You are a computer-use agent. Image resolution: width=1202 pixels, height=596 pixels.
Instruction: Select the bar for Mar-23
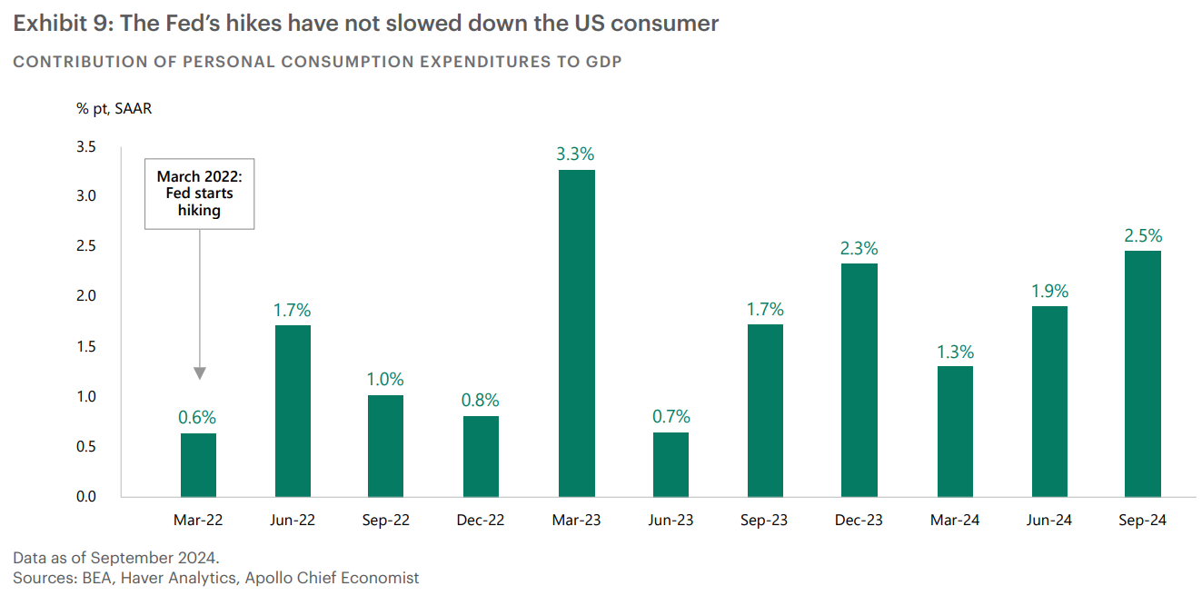coord(576,333)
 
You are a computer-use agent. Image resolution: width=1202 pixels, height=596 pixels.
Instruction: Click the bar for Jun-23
coord(671,464)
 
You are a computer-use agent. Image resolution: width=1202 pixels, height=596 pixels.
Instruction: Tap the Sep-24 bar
coord(1143,373)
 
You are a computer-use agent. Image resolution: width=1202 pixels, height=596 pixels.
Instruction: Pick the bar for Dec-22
coord(481,456)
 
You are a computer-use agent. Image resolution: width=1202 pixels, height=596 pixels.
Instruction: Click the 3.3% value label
coord(575,154)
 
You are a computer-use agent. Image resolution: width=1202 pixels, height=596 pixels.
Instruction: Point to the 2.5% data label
coord(1143,235)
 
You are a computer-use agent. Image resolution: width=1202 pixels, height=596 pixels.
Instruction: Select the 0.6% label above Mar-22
coord(198,418)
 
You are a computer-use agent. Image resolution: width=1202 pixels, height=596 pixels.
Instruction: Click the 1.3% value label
coord(955,352)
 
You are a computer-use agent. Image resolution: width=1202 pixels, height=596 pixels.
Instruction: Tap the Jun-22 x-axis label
coord(293,521)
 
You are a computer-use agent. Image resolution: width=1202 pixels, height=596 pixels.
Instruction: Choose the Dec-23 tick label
coord(859,521)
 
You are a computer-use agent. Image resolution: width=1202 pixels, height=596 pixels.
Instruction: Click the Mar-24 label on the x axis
coord(954,521)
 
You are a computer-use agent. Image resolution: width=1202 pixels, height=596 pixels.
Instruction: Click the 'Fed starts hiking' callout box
coord(199,194)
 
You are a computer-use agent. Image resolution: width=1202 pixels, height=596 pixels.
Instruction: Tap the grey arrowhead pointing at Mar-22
coord(200,373)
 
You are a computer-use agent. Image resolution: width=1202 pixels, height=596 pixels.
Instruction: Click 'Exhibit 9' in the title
coord(60,24)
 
